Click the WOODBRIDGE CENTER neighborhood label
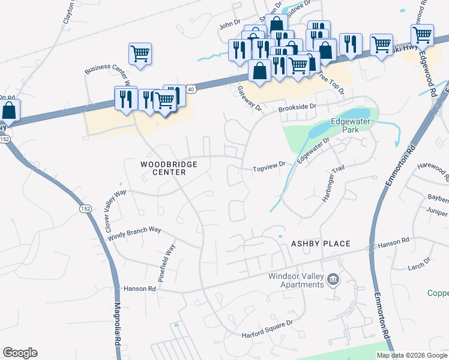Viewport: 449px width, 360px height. coord(163,168)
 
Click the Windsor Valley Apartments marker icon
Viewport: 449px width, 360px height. coord(333,280)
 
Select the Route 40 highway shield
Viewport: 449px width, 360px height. coord(190,89)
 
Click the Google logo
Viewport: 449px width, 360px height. coord(20,353)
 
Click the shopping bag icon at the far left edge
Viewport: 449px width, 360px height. coord(9,110)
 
